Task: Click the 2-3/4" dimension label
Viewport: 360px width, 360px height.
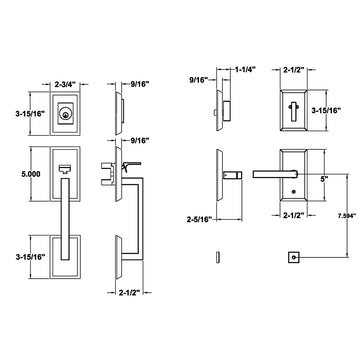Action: pos(65,85)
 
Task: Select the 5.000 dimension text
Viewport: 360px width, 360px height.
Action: pos(30,174)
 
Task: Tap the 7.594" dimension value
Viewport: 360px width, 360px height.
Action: pos(347,215)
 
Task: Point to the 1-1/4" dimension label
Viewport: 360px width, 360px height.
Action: pos(245,70)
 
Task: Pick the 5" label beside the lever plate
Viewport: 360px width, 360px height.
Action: pos(324,179)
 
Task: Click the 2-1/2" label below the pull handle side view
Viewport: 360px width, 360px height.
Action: pos(129,292)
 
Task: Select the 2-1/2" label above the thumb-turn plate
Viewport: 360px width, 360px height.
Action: pos(293,70)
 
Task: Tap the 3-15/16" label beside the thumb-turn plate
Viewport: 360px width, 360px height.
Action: pos(325,110)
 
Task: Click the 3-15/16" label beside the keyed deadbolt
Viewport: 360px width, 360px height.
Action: pos(30,114)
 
